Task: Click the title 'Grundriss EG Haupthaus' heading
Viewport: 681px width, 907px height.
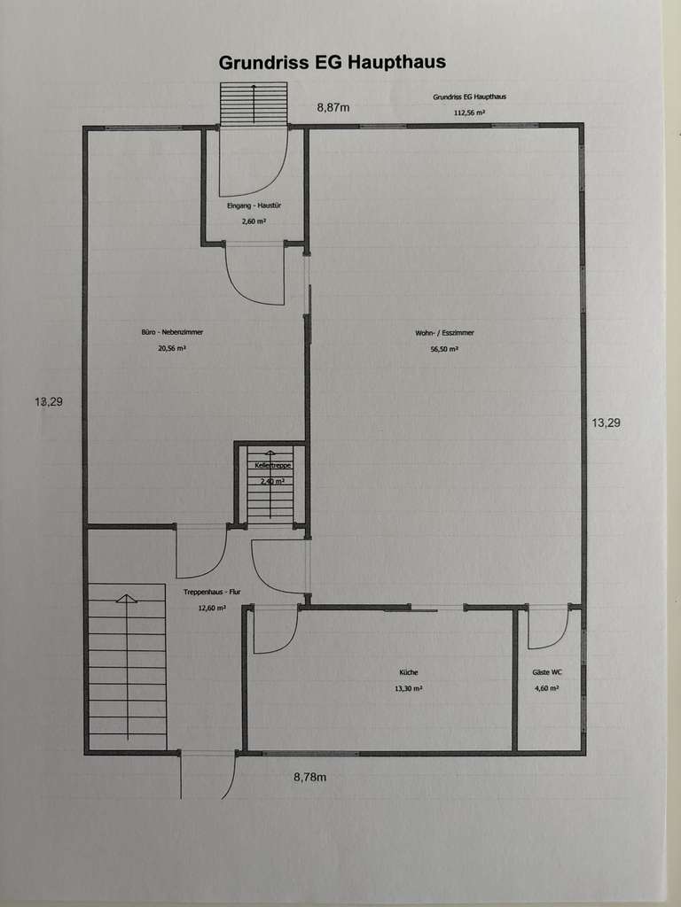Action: (332, 62)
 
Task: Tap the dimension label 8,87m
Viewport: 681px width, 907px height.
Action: (334, 107)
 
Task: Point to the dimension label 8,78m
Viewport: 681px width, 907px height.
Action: (310, 778)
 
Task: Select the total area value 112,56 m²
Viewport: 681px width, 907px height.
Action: (469, 113)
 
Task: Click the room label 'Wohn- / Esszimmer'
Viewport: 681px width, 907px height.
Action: (444, 333)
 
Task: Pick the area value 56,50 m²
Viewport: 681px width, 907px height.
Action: (444, 349)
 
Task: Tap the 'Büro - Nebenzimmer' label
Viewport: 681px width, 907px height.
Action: (172, 332)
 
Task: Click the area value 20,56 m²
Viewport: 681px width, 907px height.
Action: (172, 349)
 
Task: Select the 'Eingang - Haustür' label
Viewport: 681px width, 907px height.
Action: (254, 206)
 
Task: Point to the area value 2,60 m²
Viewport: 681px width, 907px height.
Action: (254, 221)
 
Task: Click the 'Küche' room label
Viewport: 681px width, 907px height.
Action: (409, 673)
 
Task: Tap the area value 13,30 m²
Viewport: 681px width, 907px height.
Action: (409, 688)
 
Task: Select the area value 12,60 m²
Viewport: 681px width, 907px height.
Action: (212, 608)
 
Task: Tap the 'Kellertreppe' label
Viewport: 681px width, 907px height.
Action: (273, 465)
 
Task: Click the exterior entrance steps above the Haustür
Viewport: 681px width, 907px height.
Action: (254, 103)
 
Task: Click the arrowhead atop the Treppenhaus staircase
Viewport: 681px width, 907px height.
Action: (127, 599)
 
